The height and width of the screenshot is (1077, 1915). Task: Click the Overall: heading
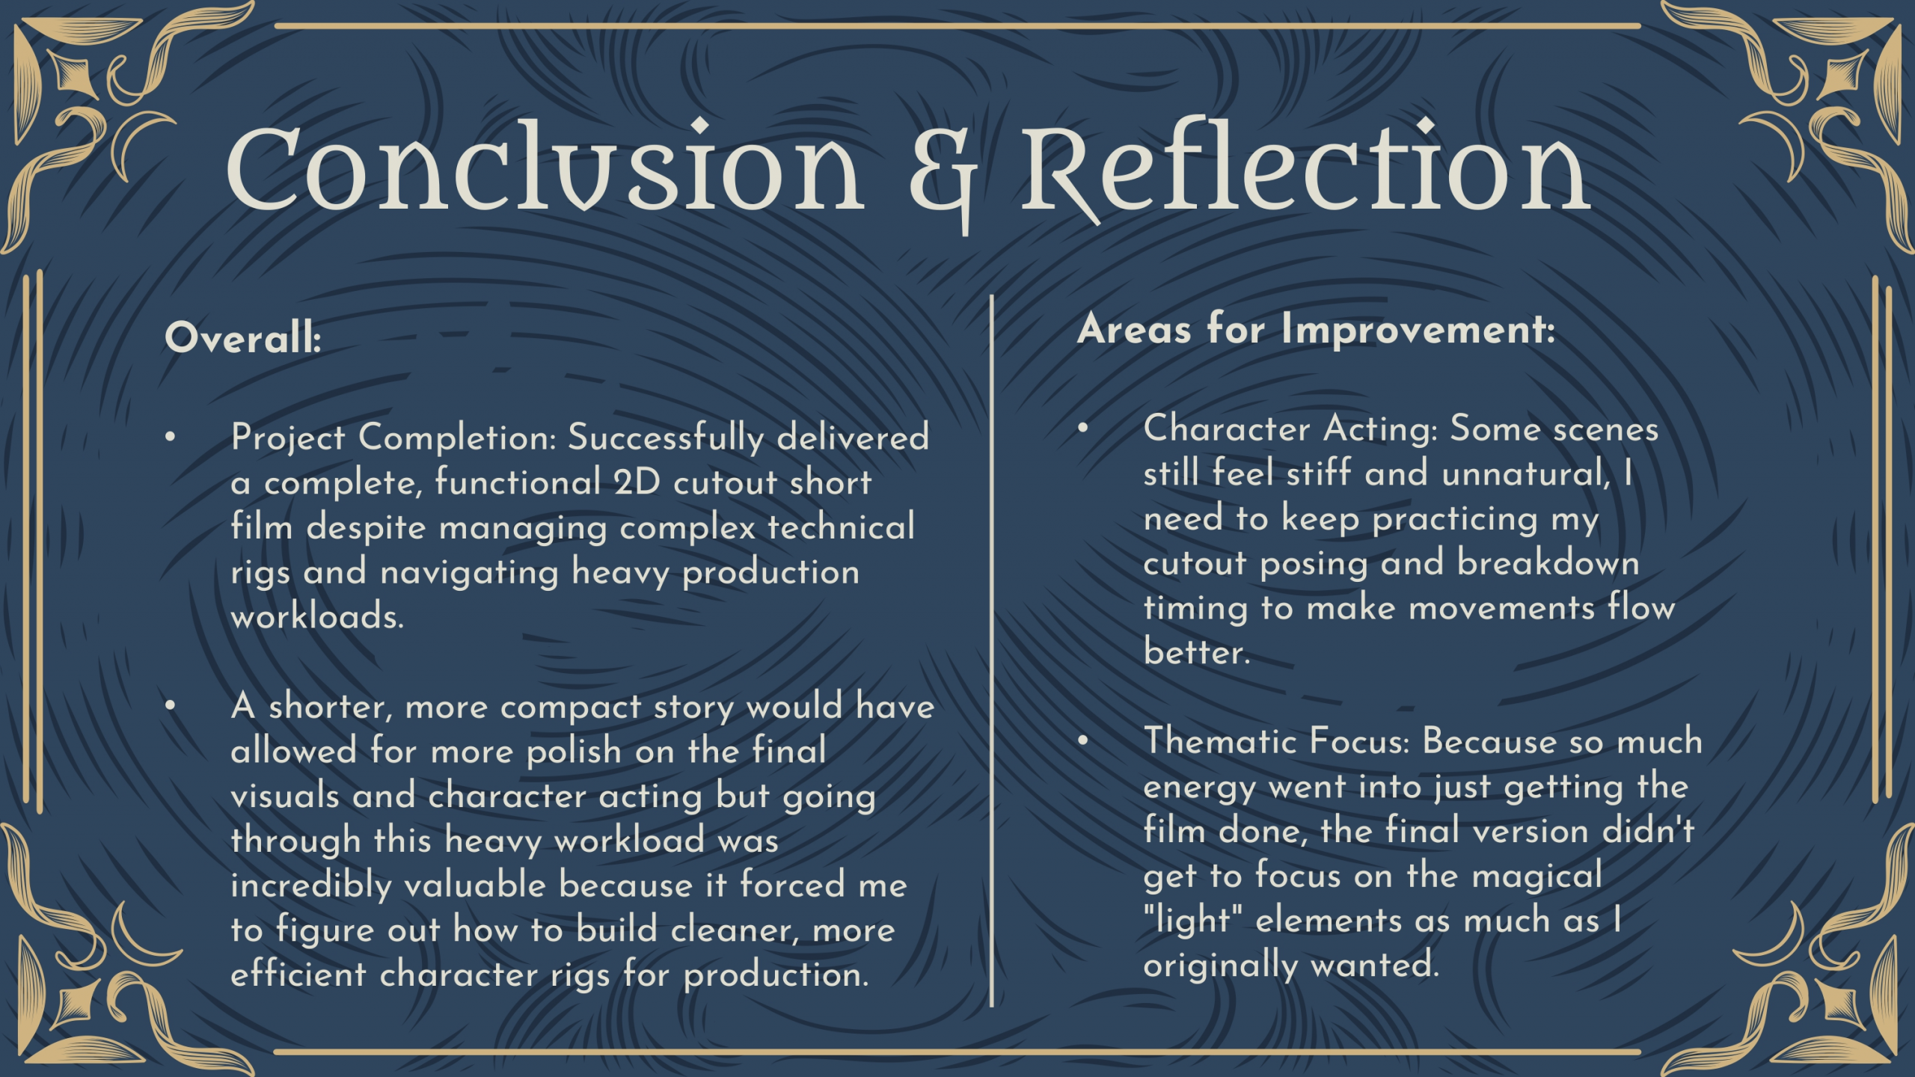[x=243, y=338]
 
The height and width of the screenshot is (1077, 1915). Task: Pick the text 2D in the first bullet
[x=637, y=482]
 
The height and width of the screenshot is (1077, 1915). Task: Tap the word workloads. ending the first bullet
[x=317, y=616]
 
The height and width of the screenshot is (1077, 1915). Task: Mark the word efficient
[x=298, y=975]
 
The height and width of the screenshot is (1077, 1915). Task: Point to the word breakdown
[x=1548, y=563]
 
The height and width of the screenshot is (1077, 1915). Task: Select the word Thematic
[x=1220, y=741]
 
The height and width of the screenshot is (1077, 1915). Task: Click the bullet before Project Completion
[x=171, y=436]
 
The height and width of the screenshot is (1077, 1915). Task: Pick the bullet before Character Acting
[x=1082, y=428]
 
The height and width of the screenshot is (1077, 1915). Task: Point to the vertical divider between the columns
[x=992, y=651]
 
